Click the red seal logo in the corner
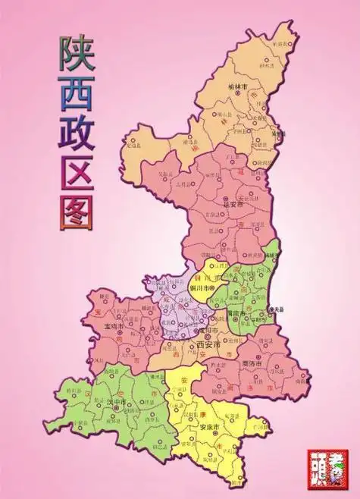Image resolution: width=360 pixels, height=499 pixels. pyautogui.click(x=327, y=467)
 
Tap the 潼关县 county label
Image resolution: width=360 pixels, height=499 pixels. pyautogui.click(x=277, y=309)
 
